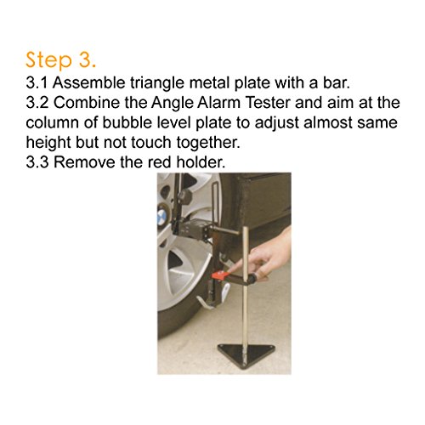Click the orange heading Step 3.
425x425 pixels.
60,60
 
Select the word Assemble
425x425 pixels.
89,83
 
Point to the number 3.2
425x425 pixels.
37,103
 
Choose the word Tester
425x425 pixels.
268,103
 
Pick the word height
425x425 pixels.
48,143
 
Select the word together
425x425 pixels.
208,143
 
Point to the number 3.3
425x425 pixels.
37,162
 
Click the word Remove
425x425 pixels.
84,162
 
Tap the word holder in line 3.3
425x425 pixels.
201,162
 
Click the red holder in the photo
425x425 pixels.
219,275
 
